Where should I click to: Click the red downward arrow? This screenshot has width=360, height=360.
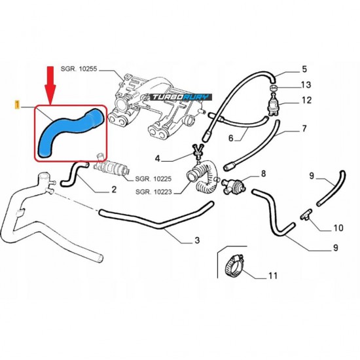50,84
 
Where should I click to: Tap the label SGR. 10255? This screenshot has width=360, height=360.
79,69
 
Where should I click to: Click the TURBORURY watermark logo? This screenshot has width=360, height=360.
181,97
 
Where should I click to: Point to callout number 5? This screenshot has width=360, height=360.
304,69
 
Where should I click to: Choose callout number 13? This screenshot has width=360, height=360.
306,84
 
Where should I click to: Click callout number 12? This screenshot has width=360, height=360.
306,100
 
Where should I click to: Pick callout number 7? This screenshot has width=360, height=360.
304,128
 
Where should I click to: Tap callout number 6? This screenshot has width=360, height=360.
231,138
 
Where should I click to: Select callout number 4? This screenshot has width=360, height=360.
157,158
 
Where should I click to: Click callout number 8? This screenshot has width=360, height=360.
263,173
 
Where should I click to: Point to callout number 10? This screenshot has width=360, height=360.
338,228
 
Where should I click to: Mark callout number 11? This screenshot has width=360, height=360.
273,276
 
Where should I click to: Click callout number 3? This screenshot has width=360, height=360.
197,240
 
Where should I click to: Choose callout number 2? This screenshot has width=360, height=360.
114,189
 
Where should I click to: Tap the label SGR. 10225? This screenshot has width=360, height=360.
153,179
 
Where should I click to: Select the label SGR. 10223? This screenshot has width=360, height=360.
154,192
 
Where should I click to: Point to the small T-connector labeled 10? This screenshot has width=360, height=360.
306,215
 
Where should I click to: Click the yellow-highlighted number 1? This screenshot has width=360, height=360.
17,105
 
